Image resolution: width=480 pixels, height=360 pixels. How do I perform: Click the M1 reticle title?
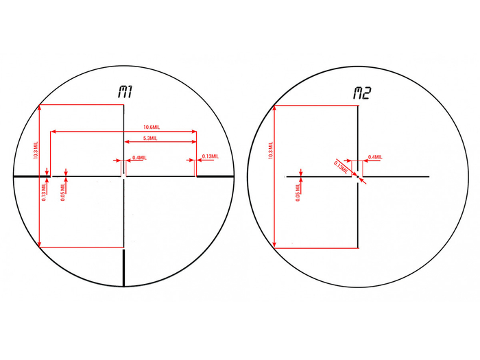pyautogui.click(x=125, y=92)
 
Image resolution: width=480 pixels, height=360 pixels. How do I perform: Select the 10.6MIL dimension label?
pyautogui.click(x=152, y=127)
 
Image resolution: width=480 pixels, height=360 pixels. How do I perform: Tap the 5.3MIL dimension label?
pyautogui.click(x=150, y=138)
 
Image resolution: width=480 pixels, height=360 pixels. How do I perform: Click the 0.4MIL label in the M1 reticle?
pyautogui.click(x=139, y=158)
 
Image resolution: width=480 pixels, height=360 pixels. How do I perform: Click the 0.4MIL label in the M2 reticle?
pyautogui.click(x=375, y=157)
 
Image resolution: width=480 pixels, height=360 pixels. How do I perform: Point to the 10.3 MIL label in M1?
pyautogui.click(x=36, y=150)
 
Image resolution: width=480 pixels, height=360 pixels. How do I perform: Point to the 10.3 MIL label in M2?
pyautogui.click(x=271, y=150)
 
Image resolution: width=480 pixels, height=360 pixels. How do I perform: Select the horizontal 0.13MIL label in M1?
pyautogui.click(x=211, y=156)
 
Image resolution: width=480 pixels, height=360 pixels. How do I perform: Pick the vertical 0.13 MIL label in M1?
pyautogui.click(x=44, y=192)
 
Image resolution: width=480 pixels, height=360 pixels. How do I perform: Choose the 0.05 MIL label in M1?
pyautogui.click(x=63, y=192)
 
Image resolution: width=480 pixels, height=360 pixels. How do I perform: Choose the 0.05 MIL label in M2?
pyautogui.click(x=298, y=193)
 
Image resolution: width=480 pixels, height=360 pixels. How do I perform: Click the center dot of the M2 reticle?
pyautogui.click(x=358, y=177)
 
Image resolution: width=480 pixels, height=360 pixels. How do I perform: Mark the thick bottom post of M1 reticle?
pyautogui.click(x=123, y=268)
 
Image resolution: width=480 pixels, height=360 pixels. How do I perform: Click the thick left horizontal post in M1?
pyautogui.click(x=32, y=176)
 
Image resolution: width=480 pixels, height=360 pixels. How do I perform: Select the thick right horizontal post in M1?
pyautogui.click(x=215, y=176)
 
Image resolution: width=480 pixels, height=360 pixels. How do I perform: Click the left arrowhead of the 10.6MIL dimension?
pyautogui.click(x=53, y=132)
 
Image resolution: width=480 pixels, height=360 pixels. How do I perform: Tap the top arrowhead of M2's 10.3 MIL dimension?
pyautogui.click(x=274, y=108)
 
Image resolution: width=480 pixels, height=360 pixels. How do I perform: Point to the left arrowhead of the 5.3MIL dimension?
pyautogui.click(x=127, y=142)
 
